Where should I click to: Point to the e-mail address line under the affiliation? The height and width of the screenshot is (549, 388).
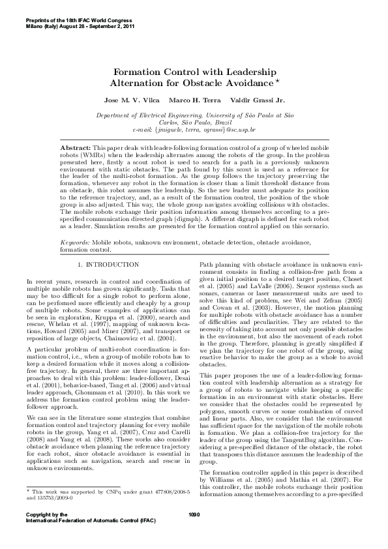(x=194, y=130)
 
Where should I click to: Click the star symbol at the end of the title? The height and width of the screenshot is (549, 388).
(x=276, y=81)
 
